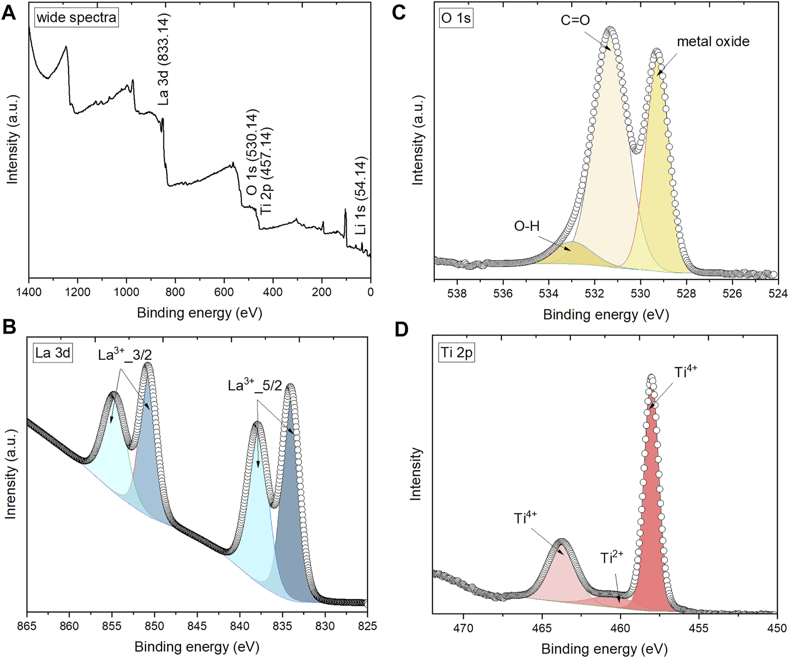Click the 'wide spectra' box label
[77, 18]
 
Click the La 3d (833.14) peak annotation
[164, 59]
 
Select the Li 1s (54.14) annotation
[360, 195]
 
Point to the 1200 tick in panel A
[77, 292]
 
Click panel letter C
[399, 12]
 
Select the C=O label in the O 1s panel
[575, 20]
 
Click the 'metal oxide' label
[713, 41]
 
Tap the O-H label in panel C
[527, 226]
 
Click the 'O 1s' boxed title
[456, 18]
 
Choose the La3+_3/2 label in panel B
[125, 354]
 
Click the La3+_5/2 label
[255, 385]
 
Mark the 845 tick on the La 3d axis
[197, 626]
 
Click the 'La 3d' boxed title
[53, 353]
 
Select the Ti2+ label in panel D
[611, 557]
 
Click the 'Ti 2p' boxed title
[456, 353]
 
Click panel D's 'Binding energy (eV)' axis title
[604, 649]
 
